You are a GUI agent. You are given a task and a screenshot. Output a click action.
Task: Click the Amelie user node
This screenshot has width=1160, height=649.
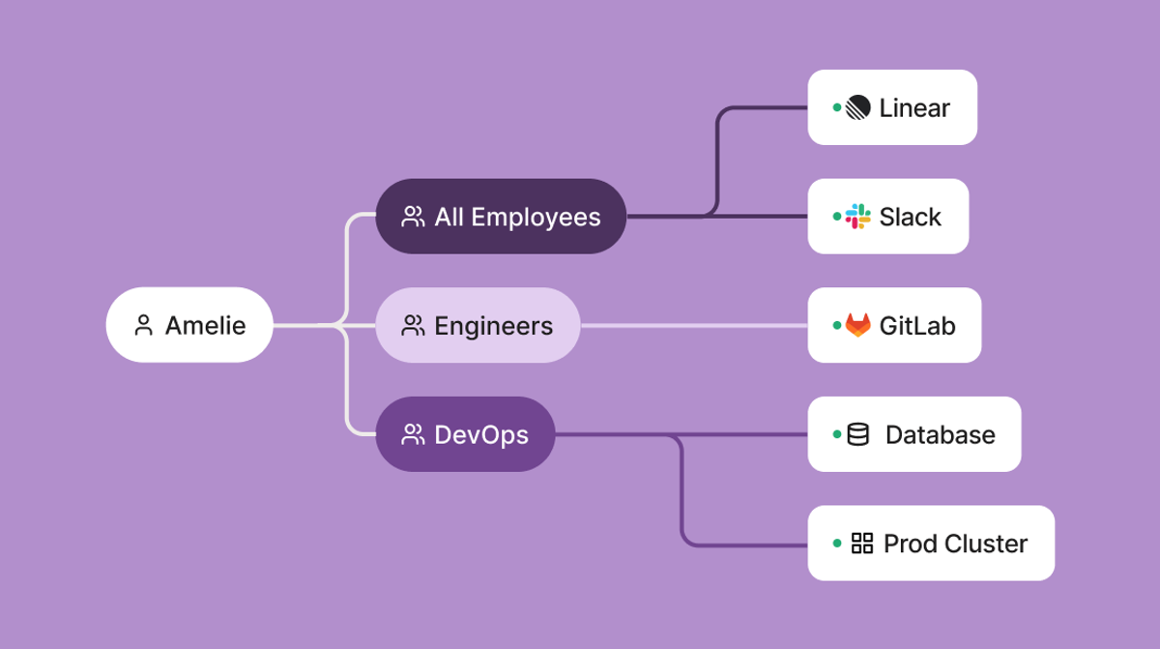[189, 325]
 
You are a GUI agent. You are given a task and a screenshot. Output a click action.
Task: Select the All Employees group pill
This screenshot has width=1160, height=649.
[501, 217]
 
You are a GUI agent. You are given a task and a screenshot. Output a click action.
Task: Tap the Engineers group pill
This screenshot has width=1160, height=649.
[478, 326]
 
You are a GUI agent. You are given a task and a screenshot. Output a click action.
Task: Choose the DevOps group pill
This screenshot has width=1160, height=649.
[465, 434]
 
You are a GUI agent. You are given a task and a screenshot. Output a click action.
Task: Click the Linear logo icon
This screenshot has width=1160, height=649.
[857, 108]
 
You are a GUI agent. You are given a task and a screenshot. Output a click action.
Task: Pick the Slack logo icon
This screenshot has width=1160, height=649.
[857, 217]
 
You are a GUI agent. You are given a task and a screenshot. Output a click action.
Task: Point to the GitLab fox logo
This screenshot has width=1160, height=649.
[857, 326]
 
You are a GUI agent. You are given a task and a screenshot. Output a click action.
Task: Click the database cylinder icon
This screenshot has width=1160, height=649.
[857, 434]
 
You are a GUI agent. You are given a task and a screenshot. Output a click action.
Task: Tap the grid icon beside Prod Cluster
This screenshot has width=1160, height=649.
[861, 544]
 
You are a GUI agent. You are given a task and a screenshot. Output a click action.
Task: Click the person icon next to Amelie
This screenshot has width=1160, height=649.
[144, 326]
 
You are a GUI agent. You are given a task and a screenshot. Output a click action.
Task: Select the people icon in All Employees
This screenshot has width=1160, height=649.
[413, 217]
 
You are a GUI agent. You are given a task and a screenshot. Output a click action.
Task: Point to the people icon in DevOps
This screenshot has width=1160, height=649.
[413, 435]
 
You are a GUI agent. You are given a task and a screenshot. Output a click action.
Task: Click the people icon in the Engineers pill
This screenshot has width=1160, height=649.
[413, 326]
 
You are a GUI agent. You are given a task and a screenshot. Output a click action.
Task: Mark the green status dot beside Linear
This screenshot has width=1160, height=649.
[837, 107]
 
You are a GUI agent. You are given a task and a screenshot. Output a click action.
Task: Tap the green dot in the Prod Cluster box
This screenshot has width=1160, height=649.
[837, 543]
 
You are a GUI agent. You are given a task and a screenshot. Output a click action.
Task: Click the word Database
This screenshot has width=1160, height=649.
[940, 435]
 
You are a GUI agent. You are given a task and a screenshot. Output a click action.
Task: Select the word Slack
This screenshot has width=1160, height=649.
[910, 217]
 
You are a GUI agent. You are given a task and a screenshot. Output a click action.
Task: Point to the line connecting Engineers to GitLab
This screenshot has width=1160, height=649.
[694, 326]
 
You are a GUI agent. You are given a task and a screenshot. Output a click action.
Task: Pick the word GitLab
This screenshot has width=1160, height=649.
[916, 326]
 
